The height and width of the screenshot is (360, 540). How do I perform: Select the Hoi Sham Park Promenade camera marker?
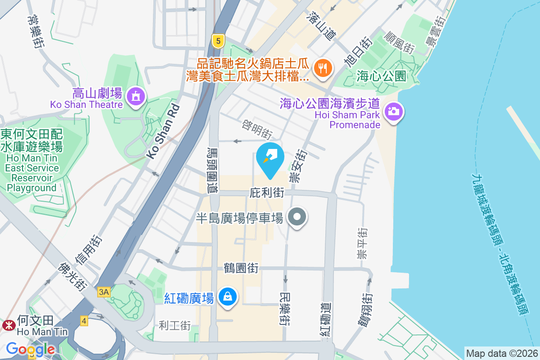click(x=393, y=111)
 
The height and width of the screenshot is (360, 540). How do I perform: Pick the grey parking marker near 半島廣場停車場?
click(x=297, y=217)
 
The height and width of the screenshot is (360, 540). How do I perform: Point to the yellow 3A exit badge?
click(x=103, y=292)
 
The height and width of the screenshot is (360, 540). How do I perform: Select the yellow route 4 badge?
click(x=84, y=321)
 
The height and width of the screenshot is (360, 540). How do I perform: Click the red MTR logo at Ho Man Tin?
click(x=8, y=325)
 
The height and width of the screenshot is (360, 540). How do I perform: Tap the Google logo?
click(x=30, y=349)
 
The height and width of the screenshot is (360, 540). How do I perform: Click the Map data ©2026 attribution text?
click(x=502, y=353)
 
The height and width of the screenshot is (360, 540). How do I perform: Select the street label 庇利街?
click(x=267, y=193)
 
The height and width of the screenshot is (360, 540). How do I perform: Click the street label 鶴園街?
click(x=241, y=268)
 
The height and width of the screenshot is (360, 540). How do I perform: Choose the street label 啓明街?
click(x=257, y=128)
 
